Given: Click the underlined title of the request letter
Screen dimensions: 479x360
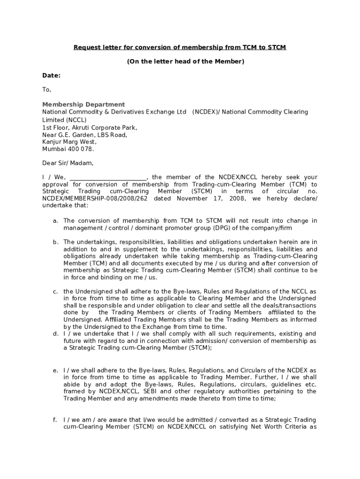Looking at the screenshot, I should click(180, 48).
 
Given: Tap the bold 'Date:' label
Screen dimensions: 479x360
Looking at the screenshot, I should click(51, 75).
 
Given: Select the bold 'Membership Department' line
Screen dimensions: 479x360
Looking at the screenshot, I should click(84, 104).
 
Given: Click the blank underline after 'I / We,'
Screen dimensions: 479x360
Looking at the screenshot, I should click(108, 178).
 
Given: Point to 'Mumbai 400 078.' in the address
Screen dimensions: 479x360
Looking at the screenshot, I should click(68, 149).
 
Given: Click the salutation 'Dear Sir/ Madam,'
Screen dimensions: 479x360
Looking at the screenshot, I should click(68, 163).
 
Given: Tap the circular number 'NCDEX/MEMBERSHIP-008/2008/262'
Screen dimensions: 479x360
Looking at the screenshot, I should click(95, 199).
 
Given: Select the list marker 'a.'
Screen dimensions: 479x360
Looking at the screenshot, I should click(55, 221).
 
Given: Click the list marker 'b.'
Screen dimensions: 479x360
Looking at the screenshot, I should click(55, 242).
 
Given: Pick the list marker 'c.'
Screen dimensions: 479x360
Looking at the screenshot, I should click(55, 291).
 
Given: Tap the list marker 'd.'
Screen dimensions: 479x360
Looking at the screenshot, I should click(55, 334).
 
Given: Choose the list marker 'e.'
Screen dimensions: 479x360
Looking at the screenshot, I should click(55, 370).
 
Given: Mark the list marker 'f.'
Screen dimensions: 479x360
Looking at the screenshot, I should click(55, 420).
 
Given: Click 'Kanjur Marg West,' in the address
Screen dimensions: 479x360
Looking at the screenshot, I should click(70, 142).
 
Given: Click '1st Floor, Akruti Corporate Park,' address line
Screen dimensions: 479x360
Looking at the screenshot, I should click(90, 127).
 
